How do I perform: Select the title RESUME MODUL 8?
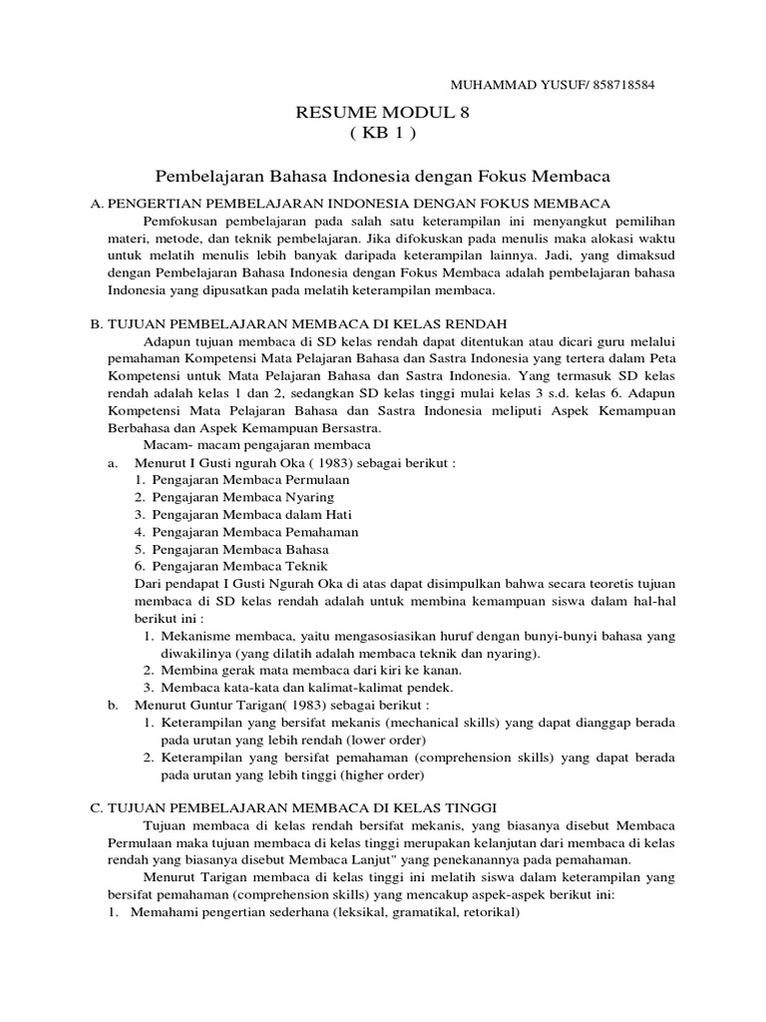383,114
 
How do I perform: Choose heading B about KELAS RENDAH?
299,323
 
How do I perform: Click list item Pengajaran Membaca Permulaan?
249,479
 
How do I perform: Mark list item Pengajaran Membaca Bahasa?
239,550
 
